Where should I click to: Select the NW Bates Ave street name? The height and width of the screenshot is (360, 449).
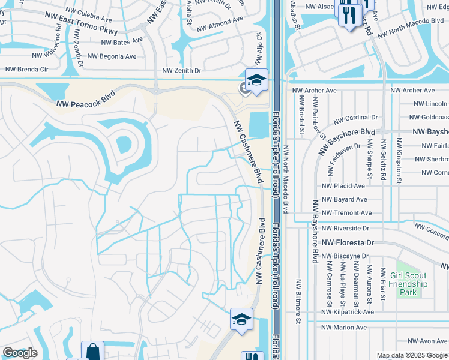coord(122,43)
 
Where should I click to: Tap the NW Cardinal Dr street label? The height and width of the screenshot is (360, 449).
coord(355,118)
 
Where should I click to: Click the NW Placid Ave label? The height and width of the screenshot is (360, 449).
coord(343,187)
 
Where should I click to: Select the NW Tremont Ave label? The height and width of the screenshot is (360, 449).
coord(346,213)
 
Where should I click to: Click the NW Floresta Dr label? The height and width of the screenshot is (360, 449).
coord(348,243)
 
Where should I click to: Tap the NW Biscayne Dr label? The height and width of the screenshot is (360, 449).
coord(344,256)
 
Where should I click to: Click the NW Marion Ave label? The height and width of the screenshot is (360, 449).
coord(343,328)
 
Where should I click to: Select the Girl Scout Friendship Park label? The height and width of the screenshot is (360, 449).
coord(408,284)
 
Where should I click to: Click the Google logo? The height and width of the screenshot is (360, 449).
coord(20,353)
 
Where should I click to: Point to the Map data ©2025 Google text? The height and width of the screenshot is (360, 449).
coord(411,355)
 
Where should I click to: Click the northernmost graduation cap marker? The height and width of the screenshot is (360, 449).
coord(256,80)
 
